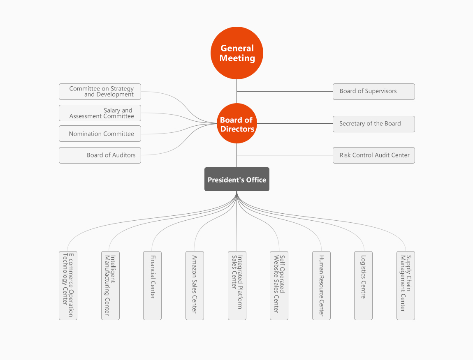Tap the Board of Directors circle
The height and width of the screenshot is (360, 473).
(236, 123)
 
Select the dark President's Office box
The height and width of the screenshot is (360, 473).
(237, 179)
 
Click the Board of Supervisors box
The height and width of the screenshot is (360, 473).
(373, 91)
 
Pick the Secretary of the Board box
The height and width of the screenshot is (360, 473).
(373, 124)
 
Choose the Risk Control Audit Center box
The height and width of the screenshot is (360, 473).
(373, 155)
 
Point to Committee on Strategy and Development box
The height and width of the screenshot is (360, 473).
(100, 92)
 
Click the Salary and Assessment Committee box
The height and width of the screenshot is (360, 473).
(100, 113)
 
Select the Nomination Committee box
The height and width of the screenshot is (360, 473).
(100, 134)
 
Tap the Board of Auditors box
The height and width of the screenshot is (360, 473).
(100, 155)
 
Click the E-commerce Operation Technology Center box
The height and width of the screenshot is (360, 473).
(68, 285)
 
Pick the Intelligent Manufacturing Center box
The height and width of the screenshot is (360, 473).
(110, 285)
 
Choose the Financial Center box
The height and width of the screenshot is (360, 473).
(152, 285)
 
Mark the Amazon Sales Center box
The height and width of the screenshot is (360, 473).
(195, 285)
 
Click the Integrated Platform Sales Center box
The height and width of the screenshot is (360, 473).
(237, 285)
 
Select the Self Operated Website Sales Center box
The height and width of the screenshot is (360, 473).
(279, 285)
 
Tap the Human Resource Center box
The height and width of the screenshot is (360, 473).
(321, 285)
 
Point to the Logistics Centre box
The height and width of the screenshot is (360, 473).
(363, 285)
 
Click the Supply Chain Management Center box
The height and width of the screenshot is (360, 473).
(406, 285)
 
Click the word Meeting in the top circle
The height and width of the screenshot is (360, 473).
(237, 58)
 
